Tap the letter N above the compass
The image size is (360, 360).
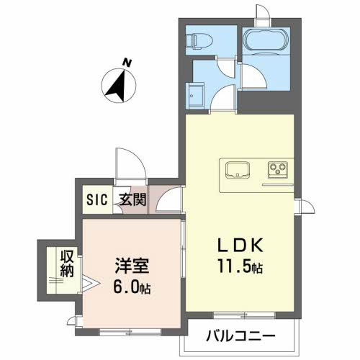(127, 63)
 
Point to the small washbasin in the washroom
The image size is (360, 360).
(196, 94)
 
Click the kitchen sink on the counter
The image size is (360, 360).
(237, 171)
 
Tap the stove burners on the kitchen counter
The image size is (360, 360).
(276, 171)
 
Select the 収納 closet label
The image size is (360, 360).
(66, 263)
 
